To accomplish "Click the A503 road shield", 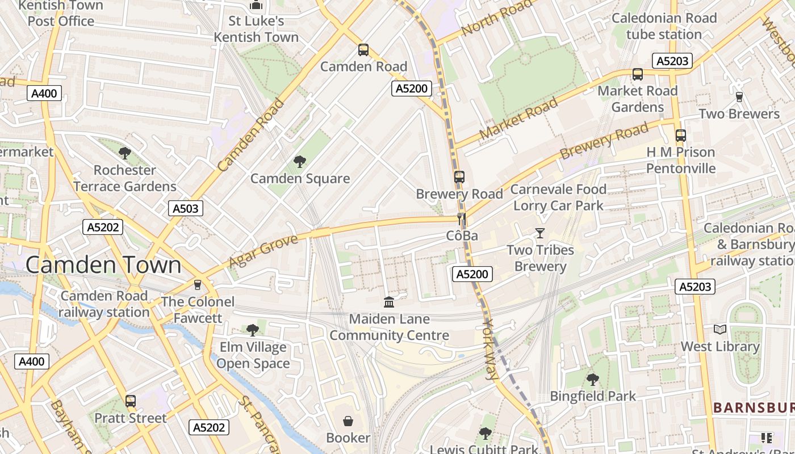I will point(186,208).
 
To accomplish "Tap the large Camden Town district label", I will point(103,265).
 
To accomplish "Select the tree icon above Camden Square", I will point(299,162).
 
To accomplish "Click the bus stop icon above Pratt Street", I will point(131,401).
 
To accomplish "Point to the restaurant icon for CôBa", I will point(462,219).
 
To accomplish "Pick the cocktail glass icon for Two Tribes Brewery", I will point(539,233).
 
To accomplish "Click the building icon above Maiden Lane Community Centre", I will point(389,302).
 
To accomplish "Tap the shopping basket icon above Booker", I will point(348,421).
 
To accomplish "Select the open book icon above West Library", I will point(720,329).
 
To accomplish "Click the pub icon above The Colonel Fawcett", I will point(198,285).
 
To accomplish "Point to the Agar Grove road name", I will point(263,251).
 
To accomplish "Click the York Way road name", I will point(489,348).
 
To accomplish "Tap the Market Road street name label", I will point(518,119).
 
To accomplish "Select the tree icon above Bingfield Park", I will point(592,379).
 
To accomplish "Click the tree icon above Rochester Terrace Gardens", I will point(125,153).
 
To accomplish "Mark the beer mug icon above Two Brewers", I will point(739,97).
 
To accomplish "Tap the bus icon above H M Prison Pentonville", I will point(680,136).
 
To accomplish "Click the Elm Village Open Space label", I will point(253,355).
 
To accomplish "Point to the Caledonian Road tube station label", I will point(664,26).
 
